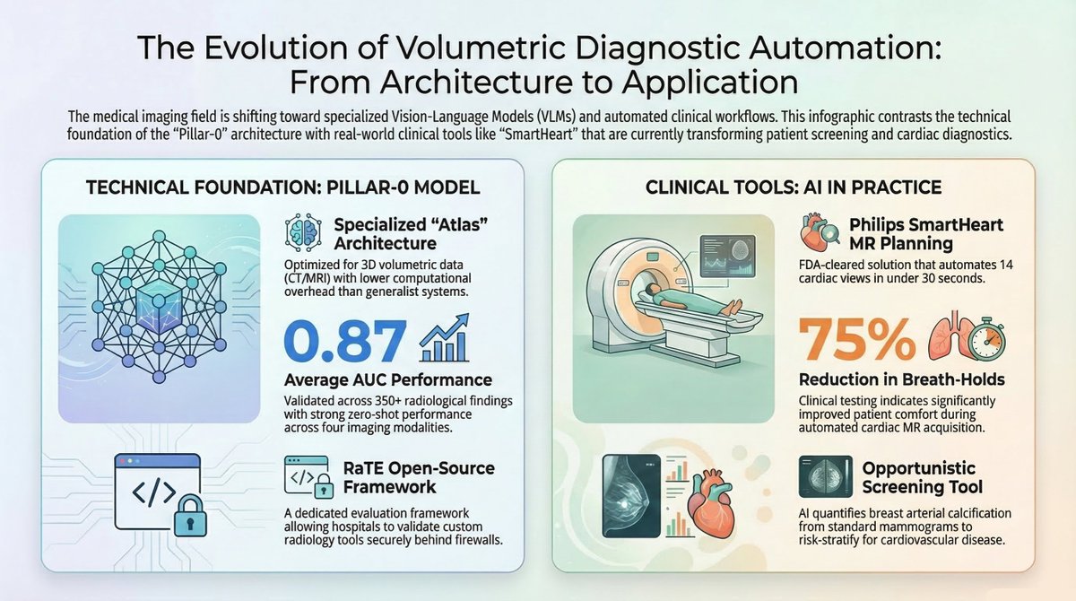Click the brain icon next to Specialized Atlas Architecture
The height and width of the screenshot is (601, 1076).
pos(301,232)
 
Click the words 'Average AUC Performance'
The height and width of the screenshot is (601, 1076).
pos(387,379)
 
